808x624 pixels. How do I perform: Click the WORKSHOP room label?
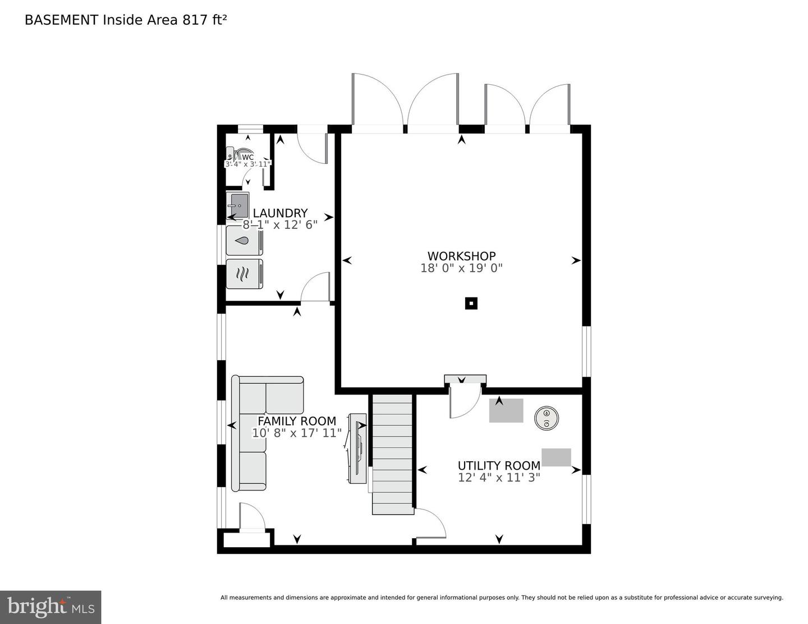click(461, 256)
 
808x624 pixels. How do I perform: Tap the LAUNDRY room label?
click(280, 213)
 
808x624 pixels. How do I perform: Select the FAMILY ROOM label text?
click(297, 421)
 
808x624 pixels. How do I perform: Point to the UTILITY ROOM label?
click(499, 466)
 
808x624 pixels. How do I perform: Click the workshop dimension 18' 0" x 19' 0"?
click(461, 268)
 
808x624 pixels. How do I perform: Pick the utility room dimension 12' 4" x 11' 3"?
click(499, 478)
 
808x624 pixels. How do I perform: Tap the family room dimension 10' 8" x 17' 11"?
click(297, 433)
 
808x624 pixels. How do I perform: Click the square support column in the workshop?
click(471, 304)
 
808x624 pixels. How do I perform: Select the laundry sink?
click(238, 206)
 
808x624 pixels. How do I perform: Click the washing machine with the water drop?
click(244, 241)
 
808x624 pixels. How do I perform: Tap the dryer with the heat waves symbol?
click(244, 274)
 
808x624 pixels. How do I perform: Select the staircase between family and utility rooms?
click(392, 455)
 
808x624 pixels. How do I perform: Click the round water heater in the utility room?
click(546, 418)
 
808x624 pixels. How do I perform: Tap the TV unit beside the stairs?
click(357, 448)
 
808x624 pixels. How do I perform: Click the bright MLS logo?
click(50, 607)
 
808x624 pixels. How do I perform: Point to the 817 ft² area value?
click(205, 20)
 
